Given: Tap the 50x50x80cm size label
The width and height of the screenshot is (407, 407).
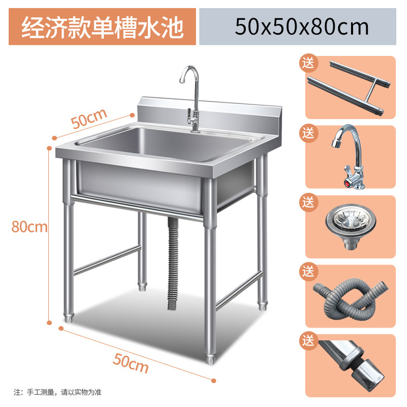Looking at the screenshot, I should [302, 26].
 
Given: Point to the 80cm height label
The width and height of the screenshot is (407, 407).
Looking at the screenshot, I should [30, 227].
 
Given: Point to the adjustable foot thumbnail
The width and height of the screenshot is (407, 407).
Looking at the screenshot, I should [351, 364].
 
